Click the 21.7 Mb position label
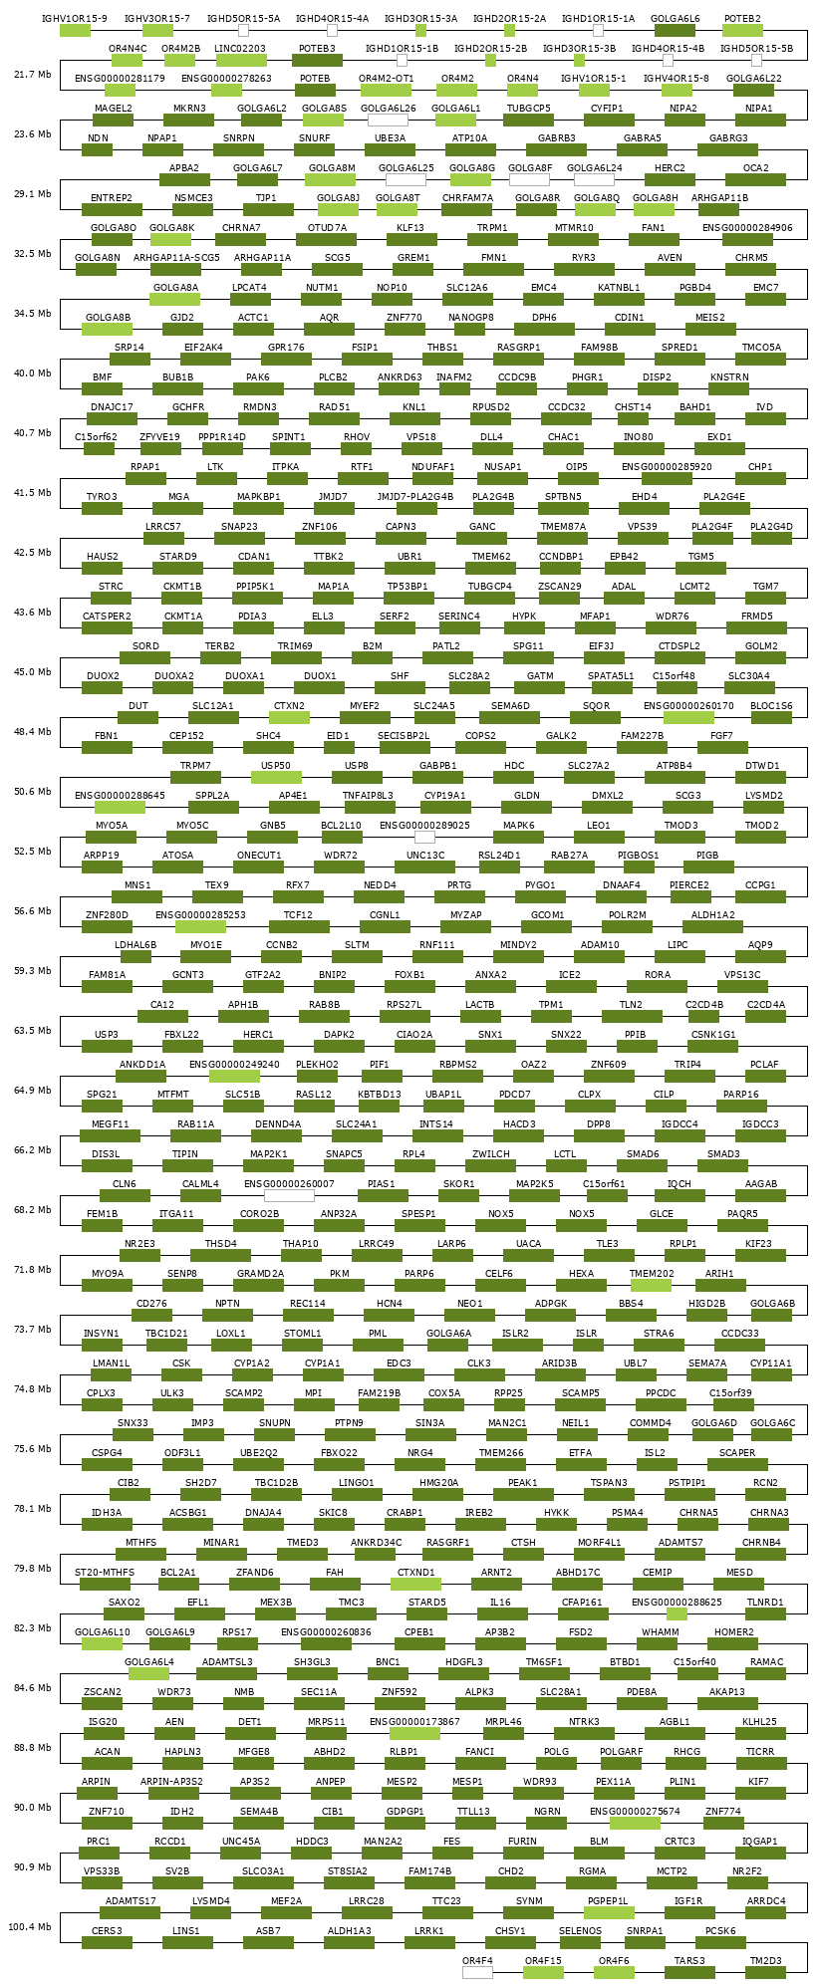click(x=33, y=75)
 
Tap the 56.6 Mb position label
click(x=33, y=911)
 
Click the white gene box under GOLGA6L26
click(x=388, y=121)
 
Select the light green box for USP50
click(x=276, y=778)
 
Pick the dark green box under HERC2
click(x=670, y=180)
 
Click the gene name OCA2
click(x=756, y=167)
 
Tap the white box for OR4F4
click(x=477, y=1972)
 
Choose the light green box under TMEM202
click(x=651, y=1286)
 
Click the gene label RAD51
click(x=335, y=406)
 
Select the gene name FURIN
click(x=522, y=1841)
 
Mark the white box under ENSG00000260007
click(x=289, y=1196)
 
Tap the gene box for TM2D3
click(x=766, y=1972)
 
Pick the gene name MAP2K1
click(x=268, y=1153)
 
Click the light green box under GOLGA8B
click(x=108, y=330)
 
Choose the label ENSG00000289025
click(x=424, y=825)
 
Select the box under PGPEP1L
click(x=609, y=1913)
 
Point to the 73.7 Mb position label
click(x=33, y=1330)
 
